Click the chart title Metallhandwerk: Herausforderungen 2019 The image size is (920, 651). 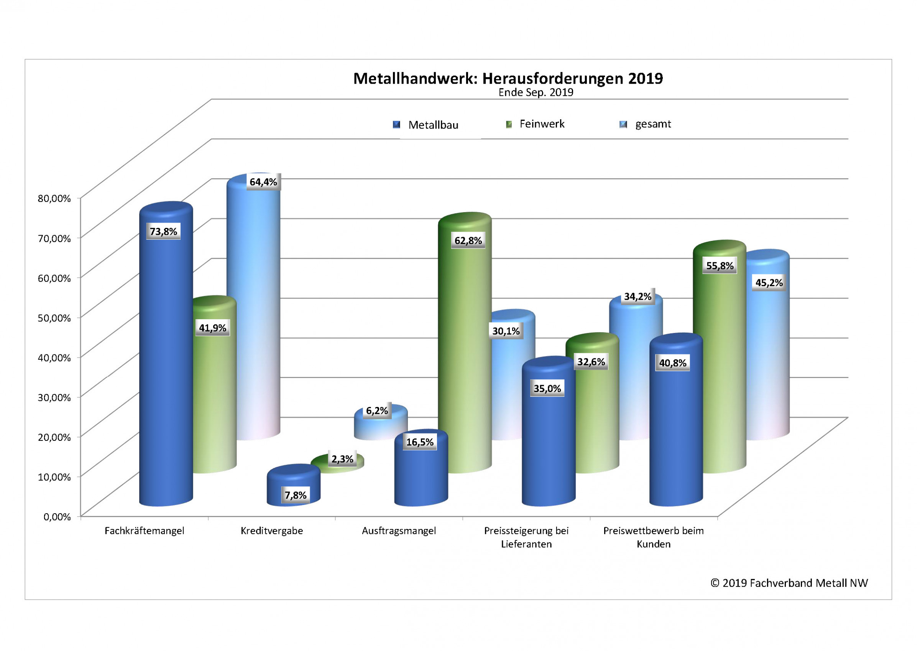(508, 78)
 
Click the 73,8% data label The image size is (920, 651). (163, 231)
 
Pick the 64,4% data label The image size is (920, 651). (263, 182)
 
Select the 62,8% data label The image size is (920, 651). (468, 240)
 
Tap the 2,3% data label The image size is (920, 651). (342, 459)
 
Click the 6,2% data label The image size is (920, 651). (377, 411)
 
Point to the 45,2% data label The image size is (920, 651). (769, 283)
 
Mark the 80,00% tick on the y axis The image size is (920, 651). (54, 199)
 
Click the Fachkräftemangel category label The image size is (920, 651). (144, 531)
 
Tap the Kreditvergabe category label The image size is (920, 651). (272, 531)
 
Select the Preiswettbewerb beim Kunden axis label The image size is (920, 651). (653, 537)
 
